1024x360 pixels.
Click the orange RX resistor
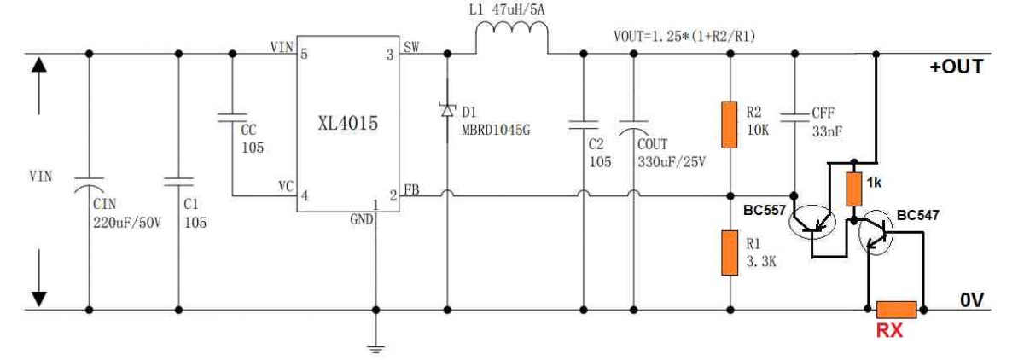896,310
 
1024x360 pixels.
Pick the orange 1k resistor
852,188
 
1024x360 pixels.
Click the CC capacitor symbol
232,119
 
